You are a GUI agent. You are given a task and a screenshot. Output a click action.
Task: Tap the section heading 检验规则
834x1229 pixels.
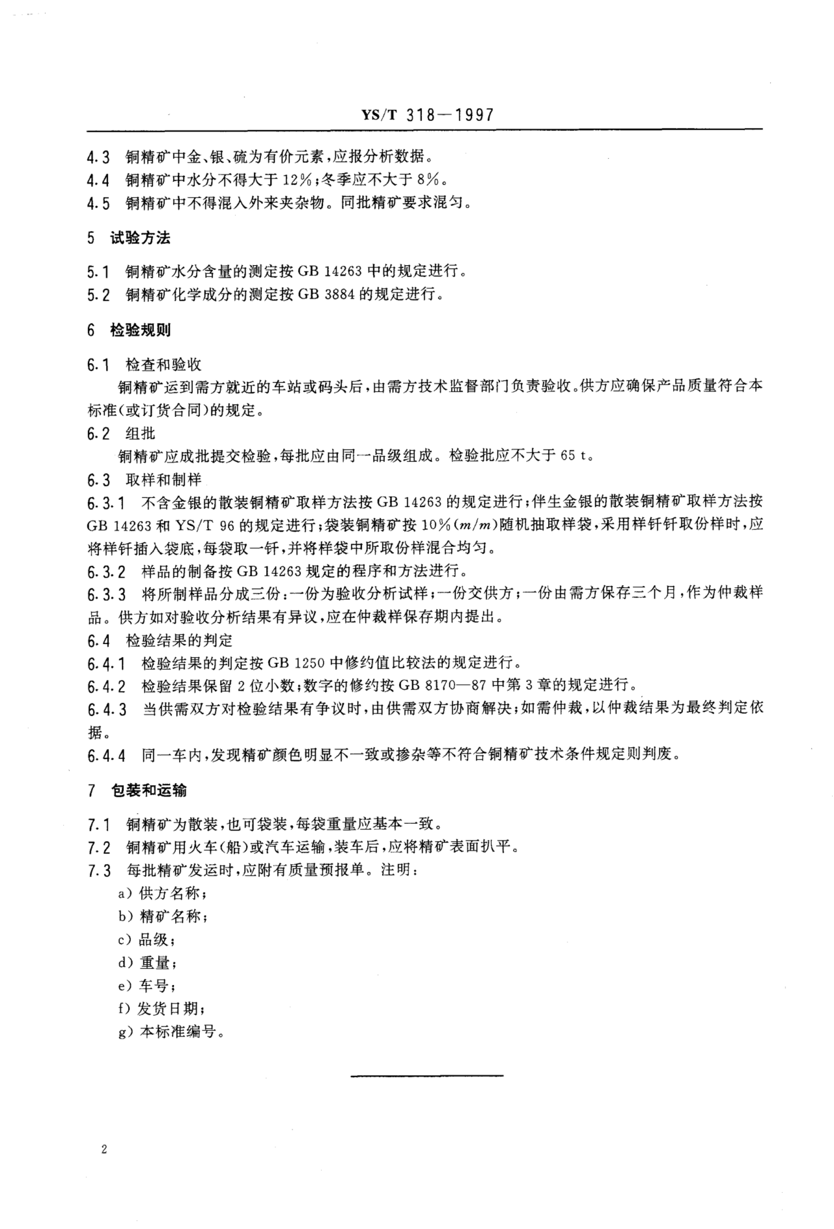140,330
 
